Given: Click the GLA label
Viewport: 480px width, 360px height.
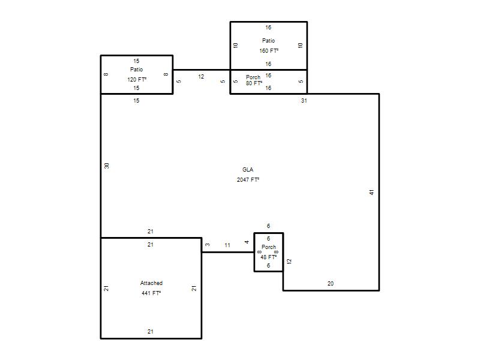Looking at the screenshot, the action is (248, 170).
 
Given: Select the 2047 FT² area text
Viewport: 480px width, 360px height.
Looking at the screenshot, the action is (248, 179).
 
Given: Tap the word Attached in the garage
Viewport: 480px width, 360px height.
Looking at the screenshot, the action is (151, 283).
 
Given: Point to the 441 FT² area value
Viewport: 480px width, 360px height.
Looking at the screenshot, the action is (151, 293).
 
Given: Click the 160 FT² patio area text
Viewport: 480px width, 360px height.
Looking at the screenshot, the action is (269, 51).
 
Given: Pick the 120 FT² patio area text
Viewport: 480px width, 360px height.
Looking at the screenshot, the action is (137, 80).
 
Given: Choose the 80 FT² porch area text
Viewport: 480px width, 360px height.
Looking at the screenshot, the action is (254, 83).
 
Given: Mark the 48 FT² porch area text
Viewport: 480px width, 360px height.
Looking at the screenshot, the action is (268, 257).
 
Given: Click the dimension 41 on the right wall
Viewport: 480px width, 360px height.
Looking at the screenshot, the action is (371, 192).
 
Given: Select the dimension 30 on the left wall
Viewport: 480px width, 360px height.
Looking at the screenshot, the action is (107, 166).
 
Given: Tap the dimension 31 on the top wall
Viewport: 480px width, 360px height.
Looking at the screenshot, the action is (304, 100).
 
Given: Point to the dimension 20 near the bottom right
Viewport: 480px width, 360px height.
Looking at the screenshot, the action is (331, 283).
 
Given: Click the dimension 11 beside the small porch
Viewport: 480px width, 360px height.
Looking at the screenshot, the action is (227, 245).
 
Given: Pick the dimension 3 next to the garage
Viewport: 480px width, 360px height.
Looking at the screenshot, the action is (208, 245).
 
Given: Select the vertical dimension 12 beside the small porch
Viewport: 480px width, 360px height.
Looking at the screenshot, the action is (289, 262).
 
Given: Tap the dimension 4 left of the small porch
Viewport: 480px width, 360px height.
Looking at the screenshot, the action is (247, 242).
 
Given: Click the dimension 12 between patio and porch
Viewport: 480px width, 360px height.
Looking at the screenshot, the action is (201, 77).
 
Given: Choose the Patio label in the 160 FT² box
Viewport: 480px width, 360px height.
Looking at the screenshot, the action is (268, 41).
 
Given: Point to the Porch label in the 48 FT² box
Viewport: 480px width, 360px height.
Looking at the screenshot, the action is (269, 247).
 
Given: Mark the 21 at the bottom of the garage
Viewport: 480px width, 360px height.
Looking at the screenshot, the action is (151, 332).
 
